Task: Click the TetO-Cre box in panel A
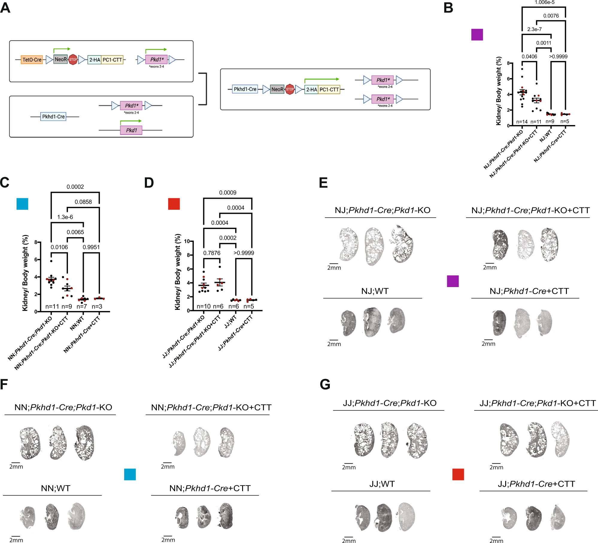pos(32,60)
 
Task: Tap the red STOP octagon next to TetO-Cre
pos(73,60)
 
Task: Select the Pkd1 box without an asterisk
pos(131,130)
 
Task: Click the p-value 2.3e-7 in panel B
pos(534,29)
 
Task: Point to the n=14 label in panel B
pos(522,122)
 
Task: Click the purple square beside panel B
pos(477,34)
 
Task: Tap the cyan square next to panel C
pos(22,204)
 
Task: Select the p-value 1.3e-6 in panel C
pos(65,217)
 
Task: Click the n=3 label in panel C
pos(97,307)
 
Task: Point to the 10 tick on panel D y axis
pos(187,241)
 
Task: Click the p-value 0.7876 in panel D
pos(212,253)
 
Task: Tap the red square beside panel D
pos(174,204)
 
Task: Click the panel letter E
pos(323,183)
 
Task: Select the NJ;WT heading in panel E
pos(374,291)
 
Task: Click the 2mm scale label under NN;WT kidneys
pos(16,540)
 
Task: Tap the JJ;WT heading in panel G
pos(382,484)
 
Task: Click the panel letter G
pos(325,384)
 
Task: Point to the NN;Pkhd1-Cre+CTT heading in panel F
pos(210,488)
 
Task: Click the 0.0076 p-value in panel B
pos(551,16)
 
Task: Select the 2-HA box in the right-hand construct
pos(311,90)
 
